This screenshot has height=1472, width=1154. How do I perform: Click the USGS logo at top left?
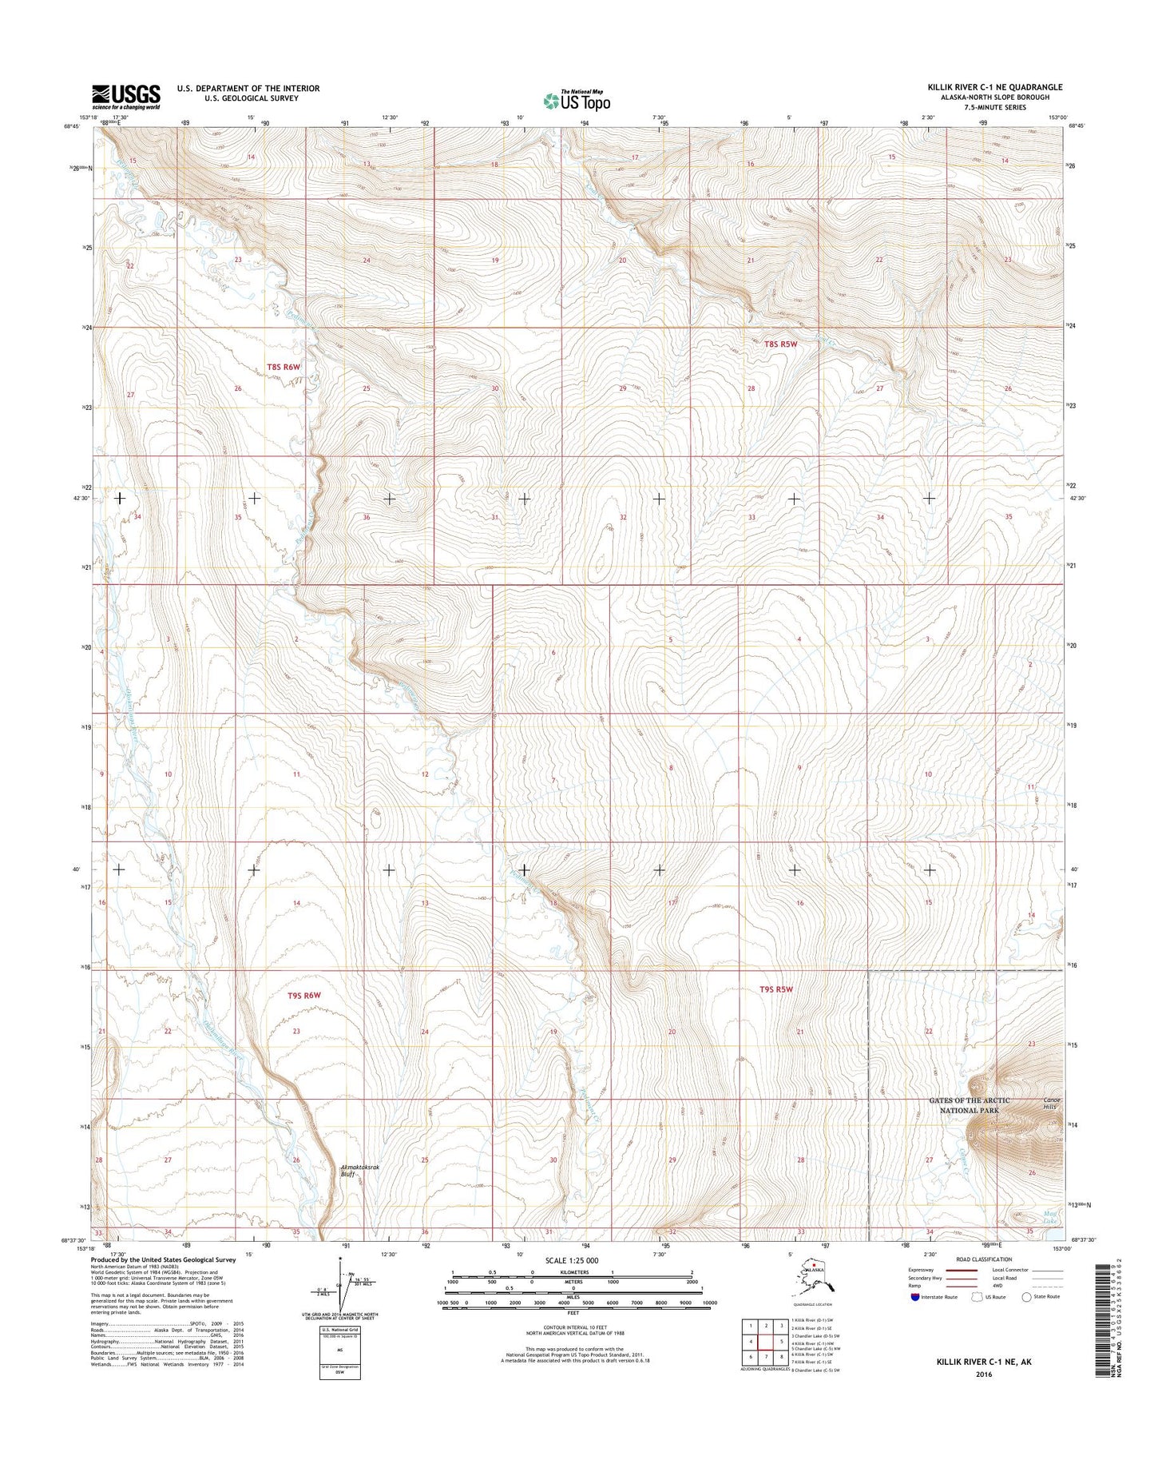(x=125, y=96)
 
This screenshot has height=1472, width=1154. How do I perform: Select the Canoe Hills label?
(x=1050, y=1103)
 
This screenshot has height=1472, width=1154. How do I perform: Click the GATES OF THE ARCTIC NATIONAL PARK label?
(x=969, y=1105)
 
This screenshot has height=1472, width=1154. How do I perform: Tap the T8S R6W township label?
(x=284, y=368)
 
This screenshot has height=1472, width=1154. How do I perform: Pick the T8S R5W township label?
(x=780, y=344)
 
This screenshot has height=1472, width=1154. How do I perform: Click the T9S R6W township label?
(x=303, y=995)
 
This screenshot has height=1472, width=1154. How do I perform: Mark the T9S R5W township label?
(x=775, y=989)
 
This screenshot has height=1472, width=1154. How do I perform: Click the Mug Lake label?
(x=1049, y=1217)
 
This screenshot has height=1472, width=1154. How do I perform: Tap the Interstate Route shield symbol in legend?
(x=914, y=1297)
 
